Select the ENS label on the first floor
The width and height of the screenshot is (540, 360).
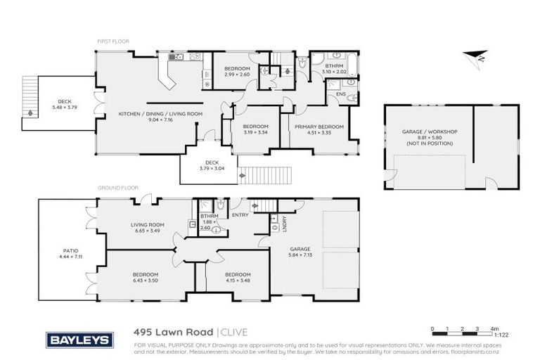click(x=340, y=94)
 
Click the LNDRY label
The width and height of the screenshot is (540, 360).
click(x=283, y=224)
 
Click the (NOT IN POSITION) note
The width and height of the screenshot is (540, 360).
click(x=429, y=143)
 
